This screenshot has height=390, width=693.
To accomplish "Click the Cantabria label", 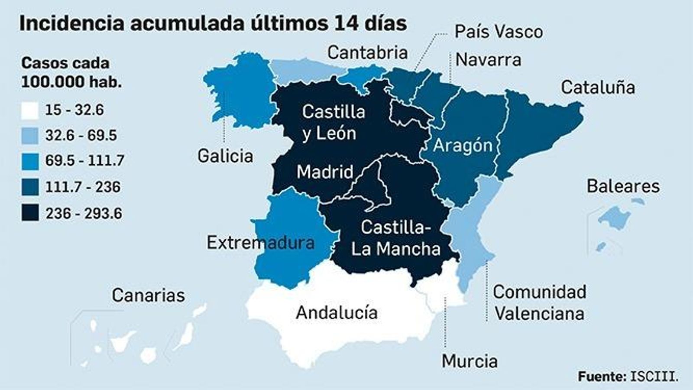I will (367, 53).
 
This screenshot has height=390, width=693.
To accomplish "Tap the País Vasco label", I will (498, 32).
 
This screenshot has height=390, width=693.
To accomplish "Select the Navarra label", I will (488, 60).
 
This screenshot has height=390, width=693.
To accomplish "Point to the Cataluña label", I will (598, 88).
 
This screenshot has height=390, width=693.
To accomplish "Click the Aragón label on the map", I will (463, 146).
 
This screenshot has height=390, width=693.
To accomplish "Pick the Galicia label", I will (225, 156).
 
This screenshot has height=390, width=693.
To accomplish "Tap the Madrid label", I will (325, 172).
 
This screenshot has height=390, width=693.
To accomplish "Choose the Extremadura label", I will (260, 243).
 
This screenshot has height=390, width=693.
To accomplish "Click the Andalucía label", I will (337, 312).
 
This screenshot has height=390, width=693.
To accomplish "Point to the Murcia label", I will (470, 361).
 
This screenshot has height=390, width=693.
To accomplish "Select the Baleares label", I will (623, 186).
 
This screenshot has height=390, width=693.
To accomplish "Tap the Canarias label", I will (148, 296).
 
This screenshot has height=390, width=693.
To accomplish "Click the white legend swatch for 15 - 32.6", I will (30, 110).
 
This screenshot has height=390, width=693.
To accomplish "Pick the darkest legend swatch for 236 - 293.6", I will (30, 213).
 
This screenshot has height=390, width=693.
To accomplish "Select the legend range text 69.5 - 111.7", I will (85, 161).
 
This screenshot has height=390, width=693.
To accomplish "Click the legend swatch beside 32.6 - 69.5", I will (30, 136).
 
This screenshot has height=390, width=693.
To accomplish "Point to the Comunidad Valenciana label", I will (539, 302).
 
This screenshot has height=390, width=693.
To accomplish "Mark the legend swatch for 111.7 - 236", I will (30, 187).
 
